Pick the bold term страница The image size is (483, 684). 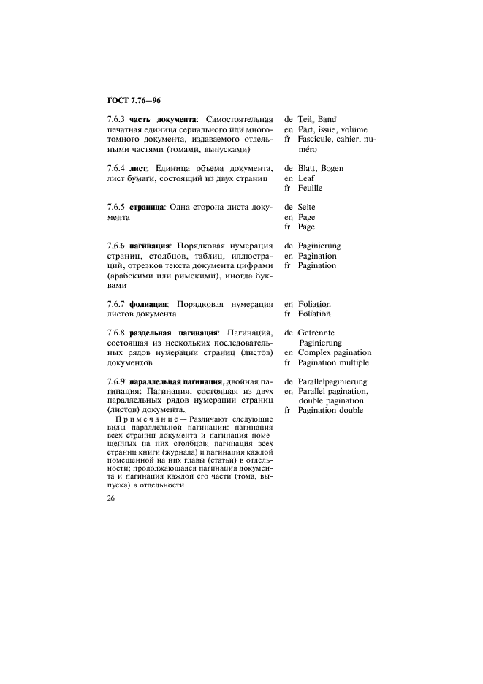(147, 208)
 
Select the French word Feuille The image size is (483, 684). (310, 188)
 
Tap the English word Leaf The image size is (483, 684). (307, 178)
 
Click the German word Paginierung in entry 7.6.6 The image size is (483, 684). (319, 246)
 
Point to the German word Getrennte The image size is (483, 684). (316, 333)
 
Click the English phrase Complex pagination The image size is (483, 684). (334, 353)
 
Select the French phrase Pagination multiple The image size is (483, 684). (333, 362)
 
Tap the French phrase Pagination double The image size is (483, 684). (330, 411)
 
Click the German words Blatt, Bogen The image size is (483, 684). (321, 169)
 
